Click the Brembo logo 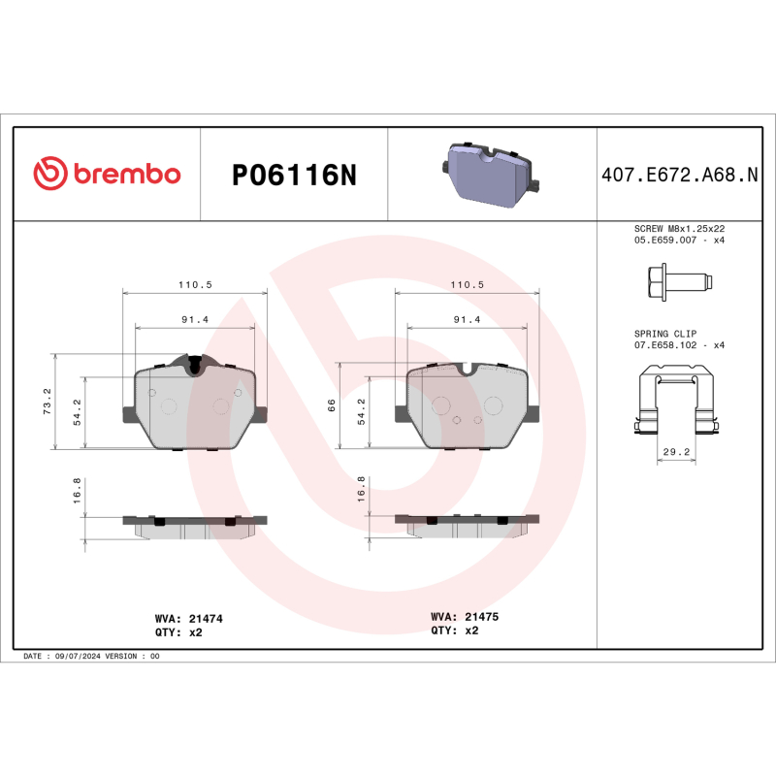(x=107, y=174)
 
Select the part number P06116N (x=294, y=176)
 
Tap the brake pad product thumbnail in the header (x=491, y=174)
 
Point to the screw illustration (x=677, y=283)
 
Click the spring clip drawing (x=677, y=403)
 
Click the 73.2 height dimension (x=46, y=402)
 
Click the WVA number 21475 (x=482, y=616)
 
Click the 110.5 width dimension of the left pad (x=194, y=284)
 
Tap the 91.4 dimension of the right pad (x=469, y=320)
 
